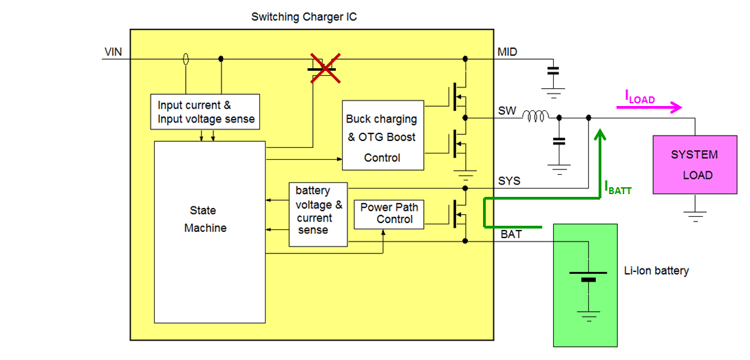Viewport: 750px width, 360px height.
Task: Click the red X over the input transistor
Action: click(324, 68)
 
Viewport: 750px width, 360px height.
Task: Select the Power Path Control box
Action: click(389, 214)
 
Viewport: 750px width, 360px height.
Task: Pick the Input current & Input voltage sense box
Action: click(205, 112)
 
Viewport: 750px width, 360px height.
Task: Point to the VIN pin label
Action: click(114, 52)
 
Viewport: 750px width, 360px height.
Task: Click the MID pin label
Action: click(507, 52)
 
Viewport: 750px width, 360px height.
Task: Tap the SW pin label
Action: click(506, 111)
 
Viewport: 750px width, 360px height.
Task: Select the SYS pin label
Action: click(508, 181)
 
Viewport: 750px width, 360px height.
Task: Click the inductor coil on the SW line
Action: click(535, 118)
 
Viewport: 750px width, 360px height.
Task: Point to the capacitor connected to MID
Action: click(553, 70)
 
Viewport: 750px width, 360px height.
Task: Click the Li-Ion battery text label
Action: click(656, 271)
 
